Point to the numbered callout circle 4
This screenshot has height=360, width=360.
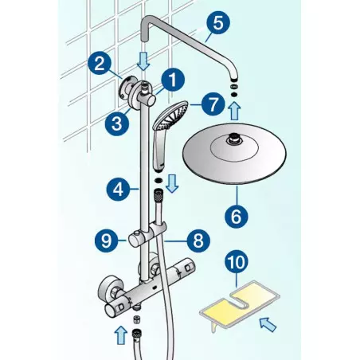pyautogui.click(x=117, y=190)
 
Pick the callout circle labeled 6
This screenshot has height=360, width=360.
pyautogui.click(x=237, y=214)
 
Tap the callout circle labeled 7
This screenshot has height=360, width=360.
pyautogui.click(x=211, y=104)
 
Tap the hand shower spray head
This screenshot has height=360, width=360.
pyautogui.click(x=170, y=116)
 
